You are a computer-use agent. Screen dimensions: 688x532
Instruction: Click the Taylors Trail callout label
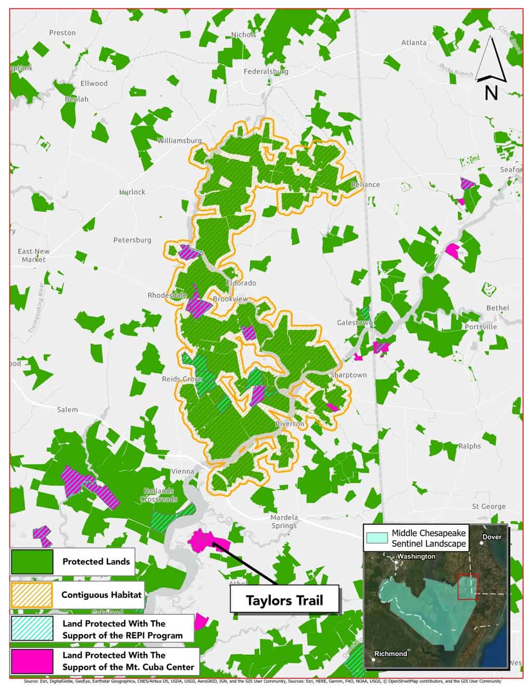[x=284, y=600]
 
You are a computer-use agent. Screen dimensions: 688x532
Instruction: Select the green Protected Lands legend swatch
[x=32, y=561]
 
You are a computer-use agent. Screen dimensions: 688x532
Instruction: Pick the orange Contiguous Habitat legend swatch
[x=32, y=595]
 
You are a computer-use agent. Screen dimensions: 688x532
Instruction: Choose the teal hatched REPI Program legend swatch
[x=32, y=628]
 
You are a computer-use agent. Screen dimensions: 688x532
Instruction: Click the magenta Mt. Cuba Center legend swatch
[x=32, y=660]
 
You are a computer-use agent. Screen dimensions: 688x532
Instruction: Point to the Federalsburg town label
[x=266, y=71]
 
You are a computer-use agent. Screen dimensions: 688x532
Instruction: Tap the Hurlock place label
[x=132, y=192]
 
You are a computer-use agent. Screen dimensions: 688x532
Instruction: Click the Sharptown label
[x=349, y=374]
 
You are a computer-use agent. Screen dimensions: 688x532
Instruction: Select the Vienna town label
[x=182, y=471]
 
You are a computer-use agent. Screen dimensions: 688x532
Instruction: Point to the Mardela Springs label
[x=284, y=521]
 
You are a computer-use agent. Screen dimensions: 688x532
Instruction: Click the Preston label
[x=62, y=32]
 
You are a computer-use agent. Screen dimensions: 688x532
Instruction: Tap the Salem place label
[x=68, y=409]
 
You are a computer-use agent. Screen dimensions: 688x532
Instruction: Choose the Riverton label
[x=290, y=424]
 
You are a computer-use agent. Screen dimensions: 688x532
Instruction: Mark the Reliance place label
[x=365, y=184]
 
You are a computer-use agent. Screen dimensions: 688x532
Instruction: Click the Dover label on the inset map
[x=492, y=536]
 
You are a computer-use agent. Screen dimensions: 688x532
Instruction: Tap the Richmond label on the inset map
[x=391, y=653]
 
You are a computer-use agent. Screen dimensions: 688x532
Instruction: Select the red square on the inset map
[x=467, y=587]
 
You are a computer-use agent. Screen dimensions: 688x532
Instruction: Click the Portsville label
[x=481, y=327]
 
